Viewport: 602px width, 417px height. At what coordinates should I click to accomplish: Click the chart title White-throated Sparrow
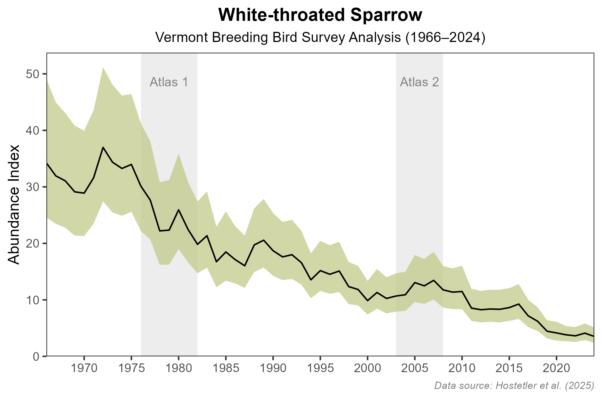[320, 15]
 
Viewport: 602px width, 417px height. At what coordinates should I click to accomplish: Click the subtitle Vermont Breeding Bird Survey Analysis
[320, 38]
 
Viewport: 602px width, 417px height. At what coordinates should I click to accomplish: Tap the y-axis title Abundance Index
[14, 204]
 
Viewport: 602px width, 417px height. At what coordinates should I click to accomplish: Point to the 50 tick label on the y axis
[32, 74]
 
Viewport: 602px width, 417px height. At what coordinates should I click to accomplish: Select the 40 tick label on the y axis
[32, 131]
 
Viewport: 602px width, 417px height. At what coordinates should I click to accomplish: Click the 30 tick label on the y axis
[32, 187]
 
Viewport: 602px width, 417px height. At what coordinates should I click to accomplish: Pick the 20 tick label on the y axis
[32, 244]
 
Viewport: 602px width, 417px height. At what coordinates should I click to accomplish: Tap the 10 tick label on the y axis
[32, 300]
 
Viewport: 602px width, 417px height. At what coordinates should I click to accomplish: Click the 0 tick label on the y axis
[36, 356]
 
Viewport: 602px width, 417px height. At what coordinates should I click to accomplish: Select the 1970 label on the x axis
[84, 369]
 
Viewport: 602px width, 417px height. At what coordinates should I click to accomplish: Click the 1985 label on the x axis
[226, 369]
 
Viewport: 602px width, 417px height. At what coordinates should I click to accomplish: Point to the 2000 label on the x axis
[367, 369]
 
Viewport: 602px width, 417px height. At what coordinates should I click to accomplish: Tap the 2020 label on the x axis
[556, 369]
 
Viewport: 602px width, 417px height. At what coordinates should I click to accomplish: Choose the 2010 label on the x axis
[462, 369]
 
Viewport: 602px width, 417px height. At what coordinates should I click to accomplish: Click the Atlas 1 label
[169, 82]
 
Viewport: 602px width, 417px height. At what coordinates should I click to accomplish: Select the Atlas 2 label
[419, 82]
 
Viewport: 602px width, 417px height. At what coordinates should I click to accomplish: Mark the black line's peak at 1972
[103, 147]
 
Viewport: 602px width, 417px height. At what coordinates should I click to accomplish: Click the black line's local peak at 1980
[179, 210]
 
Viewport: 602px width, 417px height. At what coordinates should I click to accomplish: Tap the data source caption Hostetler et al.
[514, 385]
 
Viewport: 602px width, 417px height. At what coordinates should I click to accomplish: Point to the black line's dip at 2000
[367, 301]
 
